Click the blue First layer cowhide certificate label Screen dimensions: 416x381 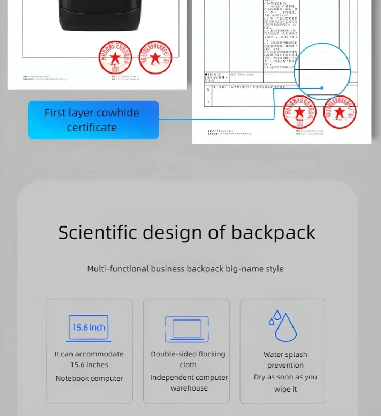(93, 120)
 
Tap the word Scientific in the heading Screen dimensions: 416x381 (97, 232)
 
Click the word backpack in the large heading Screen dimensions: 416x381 (273, 232)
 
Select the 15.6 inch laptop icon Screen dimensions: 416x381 (89, 328)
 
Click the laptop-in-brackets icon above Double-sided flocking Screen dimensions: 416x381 (186, 328)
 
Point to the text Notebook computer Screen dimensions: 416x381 (89, 378)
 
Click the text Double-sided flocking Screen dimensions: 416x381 (188, 354)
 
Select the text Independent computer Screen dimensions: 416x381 (189, 377)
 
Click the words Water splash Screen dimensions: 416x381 (285, 354)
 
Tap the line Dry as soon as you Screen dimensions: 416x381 (285, 377)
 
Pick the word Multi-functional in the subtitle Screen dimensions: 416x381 (118, 269)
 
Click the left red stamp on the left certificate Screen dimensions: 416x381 (115, 58)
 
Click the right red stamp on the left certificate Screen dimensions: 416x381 (155, 58)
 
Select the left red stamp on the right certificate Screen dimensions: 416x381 (299, 113)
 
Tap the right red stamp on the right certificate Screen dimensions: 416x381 (339, 113)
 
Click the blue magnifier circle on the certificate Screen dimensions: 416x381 (323, 71)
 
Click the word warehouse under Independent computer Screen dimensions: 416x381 (189, 388)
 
